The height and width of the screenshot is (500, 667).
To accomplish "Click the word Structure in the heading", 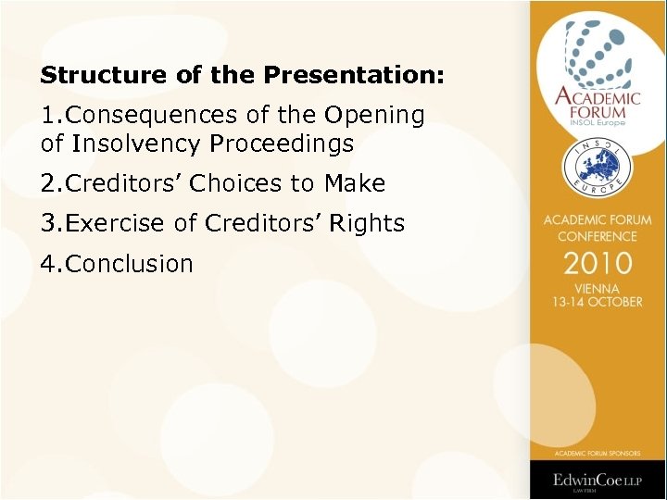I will (x=89, y=74).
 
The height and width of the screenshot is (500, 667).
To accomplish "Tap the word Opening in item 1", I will (x=373, y=116).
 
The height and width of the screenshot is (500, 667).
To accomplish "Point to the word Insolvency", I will (x=137, y=144).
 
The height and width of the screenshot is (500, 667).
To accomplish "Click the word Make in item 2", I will (x=355, y=184).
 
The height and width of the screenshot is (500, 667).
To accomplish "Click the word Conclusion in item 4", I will (x=130, y=264).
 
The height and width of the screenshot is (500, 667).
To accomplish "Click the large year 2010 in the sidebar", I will (x=598, y=263).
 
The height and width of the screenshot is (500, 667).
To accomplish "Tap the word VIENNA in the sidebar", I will (x=598, y=288).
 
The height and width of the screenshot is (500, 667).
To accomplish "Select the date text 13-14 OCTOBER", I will (x=598, y=302).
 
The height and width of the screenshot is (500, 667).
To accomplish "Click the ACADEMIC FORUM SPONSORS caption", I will (x=598, y=453).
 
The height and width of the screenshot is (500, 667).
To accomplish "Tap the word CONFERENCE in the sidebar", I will (x=598, y=235).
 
